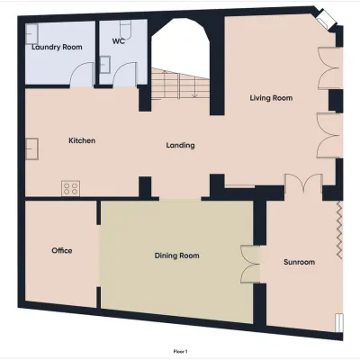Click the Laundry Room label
click(x=57, y=47)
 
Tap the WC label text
click(x=119, y=41)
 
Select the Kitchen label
click(x=82, y=140)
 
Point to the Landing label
click(x=180, y=146)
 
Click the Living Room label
click(x=271, y=98)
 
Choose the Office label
click(x=62, y=250)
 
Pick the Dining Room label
click(x=176, y=256)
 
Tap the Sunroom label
click(x=299, y=262)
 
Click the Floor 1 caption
click(x=180, y=351)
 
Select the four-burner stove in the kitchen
click(x=71, y=188)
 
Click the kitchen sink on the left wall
click(x=31, y=148)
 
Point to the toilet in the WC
click(x=125, y=28)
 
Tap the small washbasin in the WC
click(x=104, y=65)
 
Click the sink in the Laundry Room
click(x=31, y=34)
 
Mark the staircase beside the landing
click(x=180, y=84)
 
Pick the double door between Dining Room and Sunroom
click(x=250, y=265)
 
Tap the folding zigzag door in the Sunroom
click(x=339, y=230)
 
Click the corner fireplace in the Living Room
click(x=325, y=19)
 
